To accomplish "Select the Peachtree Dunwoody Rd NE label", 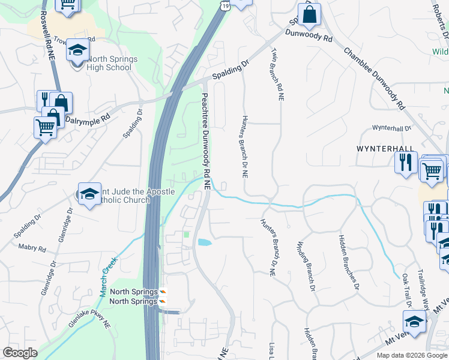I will pyautogui.click(x=205, y=142).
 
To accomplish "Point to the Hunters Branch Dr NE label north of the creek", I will pyautogui.click(x=245, y=146).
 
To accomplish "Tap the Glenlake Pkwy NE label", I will pyautogui.click(x=89, y=314).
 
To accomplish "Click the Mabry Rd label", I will pyautogui.click(x=32, y=247).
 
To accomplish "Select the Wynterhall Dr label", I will pyautogui.click(x=391, y=128).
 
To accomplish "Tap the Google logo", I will pyautogui.click(x=20, y=353).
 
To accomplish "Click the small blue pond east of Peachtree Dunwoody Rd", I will pyautogui.click(x=204, y=243).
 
